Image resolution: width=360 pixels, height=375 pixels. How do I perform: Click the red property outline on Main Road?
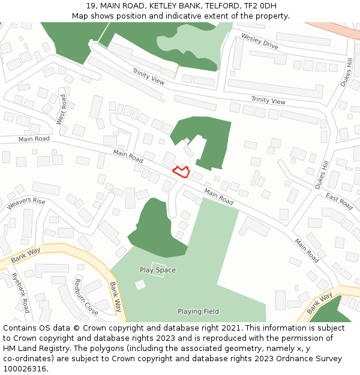click(181, 171)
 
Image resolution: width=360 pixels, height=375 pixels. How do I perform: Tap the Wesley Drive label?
click(260, 41)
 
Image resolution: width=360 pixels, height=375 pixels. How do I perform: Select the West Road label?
click(61, 109)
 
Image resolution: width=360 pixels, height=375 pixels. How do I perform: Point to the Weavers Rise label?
click(26, 204)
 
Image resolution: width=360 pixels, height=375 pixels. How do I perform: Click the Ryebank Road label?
click(20, 293)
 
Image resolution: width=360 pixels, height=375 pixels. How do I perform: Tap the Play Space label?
click(158, 270)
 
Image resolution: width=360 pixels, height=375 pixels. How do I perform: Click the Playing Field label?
click(198, 311)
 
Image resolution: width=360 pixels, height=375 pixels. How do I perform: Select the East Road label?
click(339, 201)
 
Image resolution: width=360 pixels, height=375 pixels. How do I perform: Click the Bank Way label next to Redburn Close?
click(115, 297)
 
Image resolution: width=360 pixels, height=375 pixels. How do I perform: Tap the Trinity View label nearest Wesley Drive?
click(268, 101)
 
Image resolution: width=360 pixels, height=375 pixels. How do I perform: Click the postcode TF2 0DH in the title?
click(260, 6)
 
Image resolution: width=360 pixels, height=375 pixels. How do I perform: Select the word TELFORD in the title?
click(220, 6)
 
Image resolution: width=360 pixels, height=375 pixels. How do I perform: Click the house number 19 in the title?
click(91, 6)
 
